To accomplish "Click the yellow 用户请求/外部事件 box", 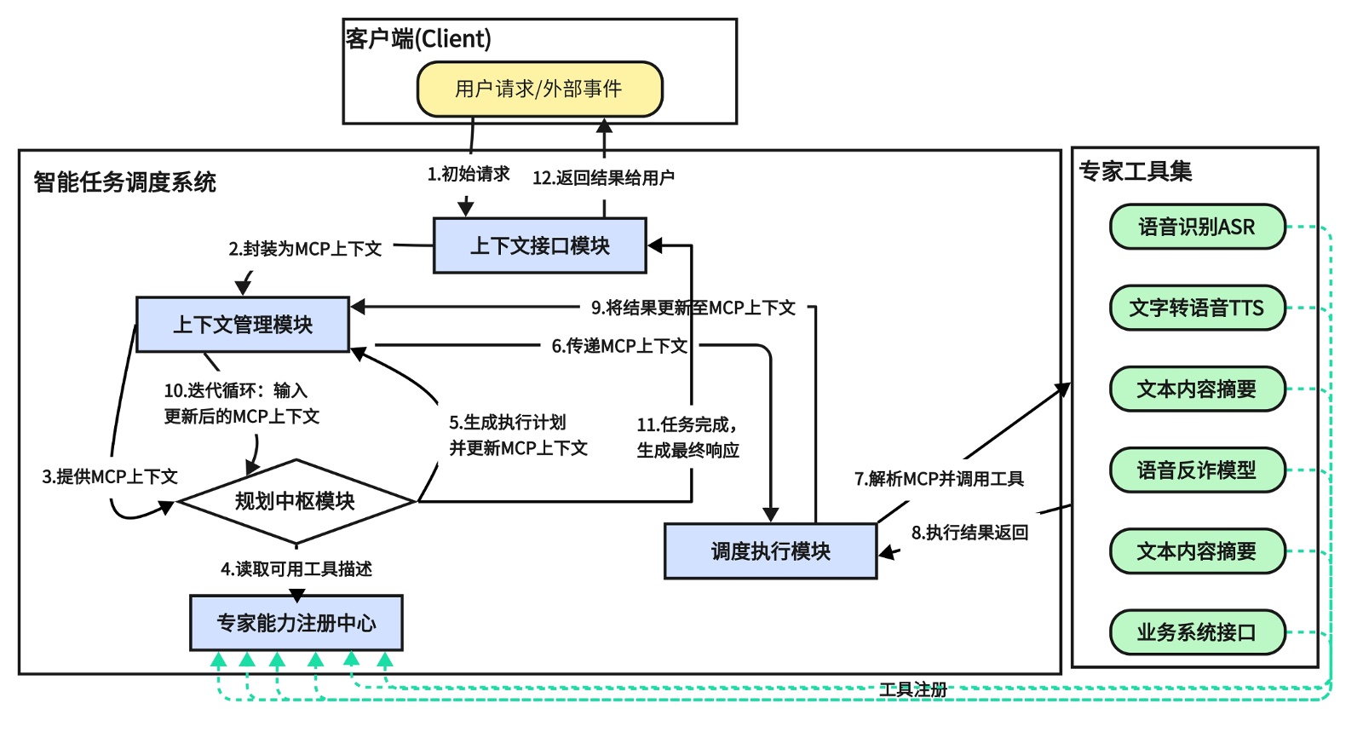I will tap(539, 89).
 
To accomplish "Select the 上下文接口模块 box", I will tap(540, 245).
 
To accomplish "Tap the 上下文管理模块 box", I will tap(243, 324).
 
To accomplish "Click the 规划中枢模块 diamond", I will tap(295, 501).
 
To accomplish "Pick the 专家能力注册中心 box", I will tap(296, 623).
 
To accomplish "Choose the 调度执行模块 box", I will tap(770, 551).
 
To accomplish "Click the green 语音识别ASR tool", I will tap(1196, 227).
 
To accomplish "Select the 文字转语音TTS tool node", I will tap(1196, 308).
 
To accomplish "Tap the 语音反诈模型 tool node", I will tap(1196, 470).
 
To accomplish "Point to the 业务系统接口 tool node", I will tap(1196, 632).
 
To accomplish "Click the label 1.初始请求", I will tap(469, 174).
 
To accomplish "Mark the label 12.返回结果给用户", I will tap(603, 177).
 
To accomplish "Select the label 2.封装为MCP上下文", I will tap(305, 249).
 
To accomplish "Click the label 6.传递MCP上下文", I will tap(619, 346).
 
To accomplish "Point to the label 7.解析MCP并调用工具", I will tap(939, 479).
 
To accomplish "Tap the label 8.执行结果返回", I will tap(969, 533).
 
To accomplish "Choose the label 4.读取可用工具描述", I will tap(296, 568).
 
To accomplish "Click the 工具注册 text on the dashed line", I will tap(912, 689).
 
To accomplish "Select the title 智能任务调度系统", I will tap(124, 182).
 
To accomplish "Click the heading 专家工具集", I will tap(1135, 171).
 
